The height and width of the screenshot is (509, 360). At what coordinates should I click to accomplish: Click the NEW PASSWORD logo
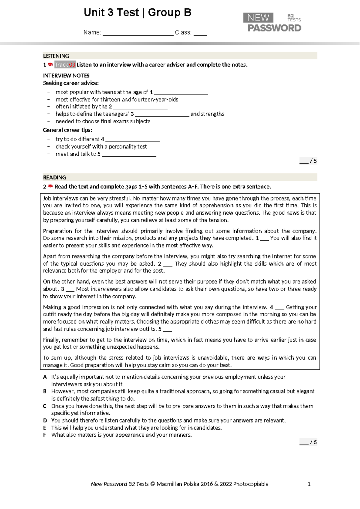(x=272, y=23)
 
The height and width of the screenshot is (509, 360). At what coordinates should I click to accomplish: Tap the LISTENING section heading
(x=56, y=56)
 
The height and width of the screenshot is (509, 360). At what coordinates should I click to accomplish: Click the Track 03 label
(x=65, y=65)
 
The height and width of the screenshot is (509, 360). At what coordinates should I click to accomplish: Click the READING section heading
(x=55, y=177)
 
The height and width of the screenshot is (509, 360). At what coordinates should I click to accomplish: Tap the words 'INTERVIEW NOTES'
(x=66, y=76)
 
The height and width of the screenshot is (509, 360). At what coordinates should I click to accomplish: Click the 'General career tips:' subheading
(x=67, y=130)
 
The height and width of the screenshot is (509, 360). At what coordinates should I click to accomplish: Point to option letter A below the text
(x=45, y=377)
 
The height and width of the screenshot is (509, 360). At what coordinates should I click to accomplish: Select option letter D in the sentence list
(x=45, y=420)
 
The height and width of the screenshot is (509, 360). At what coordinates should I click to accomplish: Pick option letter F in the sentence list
(x=45, y=435)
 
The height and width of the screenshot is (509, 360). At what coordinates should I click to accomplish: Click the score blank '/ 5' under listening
(x=308, y=161)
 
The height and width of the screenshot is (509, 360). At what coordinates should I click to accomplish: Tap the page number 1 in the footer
(x=309, y=484)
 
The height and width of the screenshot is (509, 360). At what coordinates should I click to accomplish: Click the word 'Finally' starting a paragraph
(x=51, y=340)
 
